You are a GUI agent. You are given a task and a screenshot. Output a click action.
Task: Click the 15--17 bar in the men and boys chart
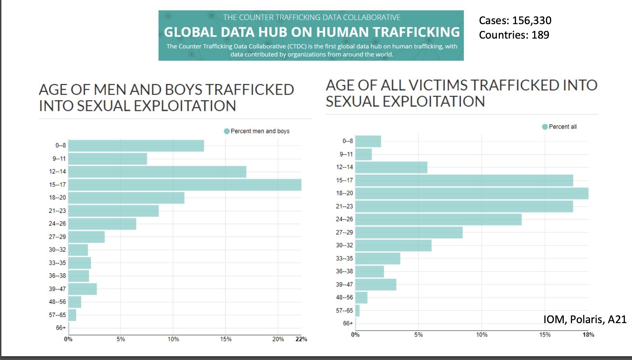pos(185,185)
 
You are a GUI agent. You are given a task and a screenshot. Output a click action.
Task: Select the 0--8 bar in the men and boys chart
pos(136,146)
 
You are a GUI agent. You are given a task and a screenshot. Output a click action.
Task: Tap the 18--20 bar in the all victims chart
pos(472,193)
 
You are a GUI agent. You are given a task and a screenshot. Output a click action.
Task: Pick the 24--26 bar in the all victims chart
pos(438,219)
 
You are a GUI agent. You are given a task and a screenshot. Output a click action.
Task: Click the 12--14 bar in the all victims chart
pos(391,167)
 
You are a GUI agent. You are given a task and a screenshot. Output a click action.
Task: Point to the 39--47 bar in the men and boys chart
pos(82,289)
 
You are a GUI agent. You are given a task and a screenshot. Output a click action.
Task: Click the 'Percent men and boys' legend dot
pos(227,131)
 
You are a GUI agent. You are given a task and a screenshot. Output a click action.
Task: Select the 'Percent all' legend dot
pos(545,127)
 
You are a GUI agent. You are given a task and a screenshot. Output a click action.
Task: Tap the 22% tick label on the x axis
pos(301,339)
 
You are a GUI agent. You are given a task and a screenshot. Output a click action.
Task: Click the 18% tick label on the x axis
pos(588,335)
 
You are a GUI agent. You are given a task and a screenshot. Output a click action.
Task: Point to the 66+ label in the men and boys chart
pos(61,328)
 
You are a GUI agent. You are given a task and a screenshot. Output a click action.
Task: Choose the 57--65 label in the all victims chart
pos(344,310)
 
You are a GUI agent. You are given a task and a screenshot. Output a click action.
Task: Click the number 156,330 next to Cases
pos(532,20)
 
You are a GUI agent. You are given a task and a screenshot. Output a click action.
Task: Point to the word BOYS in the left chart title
pos(184,90)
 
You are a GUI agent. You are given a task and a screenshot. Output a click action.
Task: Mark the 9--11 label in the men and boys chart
pos(59,159)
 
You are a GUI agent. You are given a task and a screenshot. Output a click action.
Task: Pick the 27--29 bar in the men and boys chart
pos(86,237)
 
